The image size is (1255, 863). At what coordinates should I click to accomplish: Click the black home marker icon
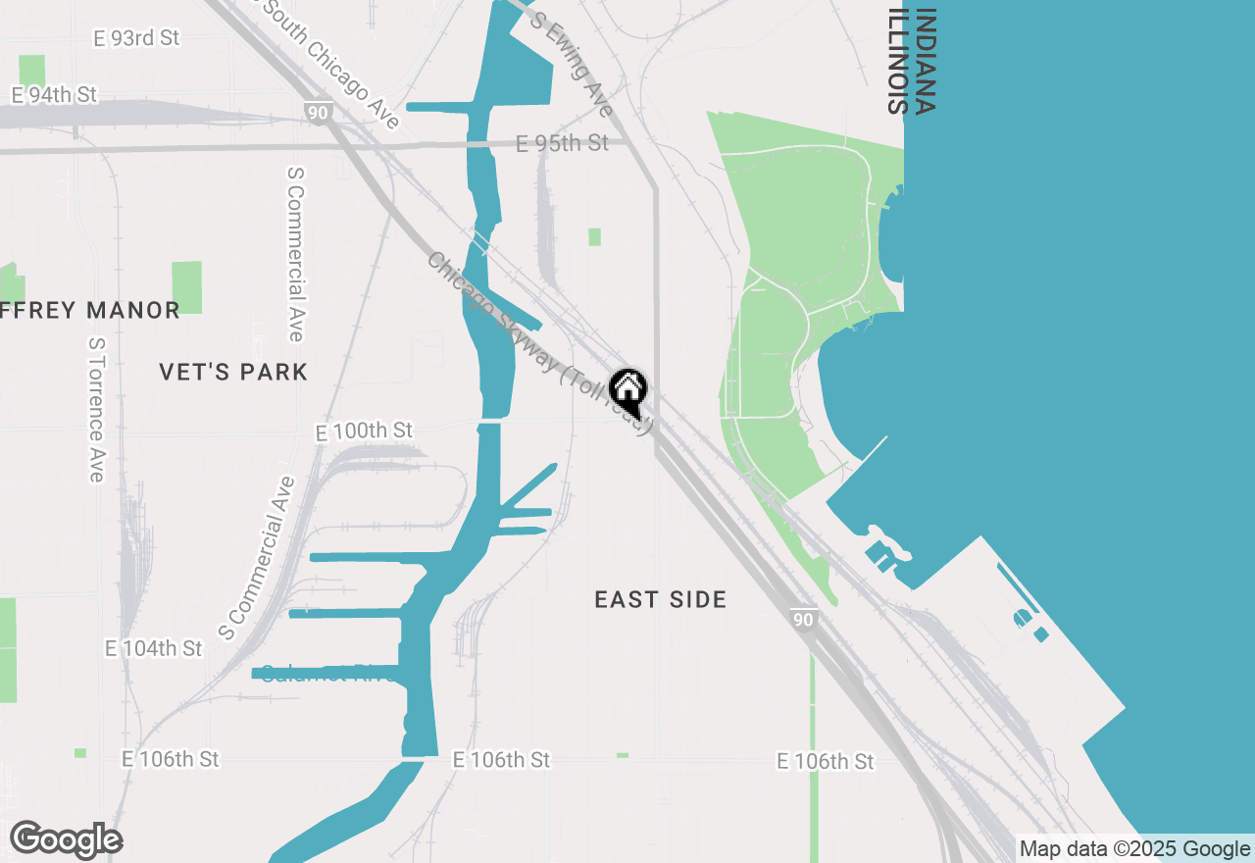pos(628,391)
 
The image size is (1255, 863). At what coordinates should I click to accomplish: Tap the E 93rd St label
pos(137,38)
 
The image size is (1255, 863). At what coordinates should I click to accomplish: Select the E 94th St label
pos(54,95)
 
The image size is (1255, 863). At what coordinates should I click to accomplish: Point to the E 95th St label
pos(562,143)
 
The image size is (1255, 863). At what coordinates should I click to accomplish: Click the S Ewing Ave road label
pos(572,65)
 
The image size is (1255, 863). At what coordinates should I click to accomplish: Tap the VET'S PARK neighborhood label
pos(233,372)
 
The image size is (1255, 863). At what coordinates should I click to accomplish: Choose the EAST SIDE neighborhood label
pos(661,599)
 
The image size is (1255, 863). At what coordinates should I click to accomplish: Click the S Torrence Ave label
pos(96,410)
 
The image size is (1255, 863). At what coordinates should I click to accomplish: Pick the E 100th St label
pos(365,431)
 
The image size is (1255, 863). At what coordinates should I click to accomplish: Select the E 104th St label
pos(154,649)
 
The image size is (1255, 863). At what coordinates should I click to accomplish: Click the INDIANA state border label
pos(925,62)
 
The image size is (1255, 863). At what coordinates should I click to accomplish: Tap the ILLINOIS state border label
pos(896,62)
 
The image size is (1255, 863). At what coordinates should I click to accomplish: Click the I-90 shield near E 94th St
pos(316,113)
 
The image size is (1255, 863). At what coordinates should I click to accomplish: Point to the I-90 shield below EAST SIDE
pos(803,620)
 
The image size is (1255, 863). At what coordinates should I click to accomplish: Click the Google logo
pos(66,839)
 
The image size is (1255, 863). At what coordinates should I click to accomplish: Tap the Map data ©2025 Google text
pos(1134,849)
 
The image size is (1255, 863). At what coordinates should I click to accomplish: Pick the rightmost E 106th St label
pos(825,762)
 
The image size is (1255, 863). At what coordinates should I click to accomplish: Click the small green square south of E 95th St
pos(594,236)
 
